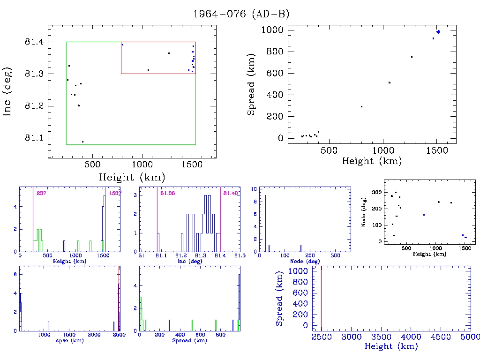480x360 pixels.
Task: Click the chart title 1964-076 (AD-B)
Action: (241, 14)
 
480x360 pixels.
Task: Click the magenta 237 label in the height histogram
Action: (41, 193)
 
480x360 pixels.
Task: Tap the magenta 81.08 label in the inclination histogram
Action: (168, 193)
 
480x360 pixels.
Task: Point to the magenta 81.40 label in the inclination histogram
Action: (231, 193)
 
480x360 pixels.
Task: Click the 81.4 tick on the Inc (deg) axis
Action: (34, 42)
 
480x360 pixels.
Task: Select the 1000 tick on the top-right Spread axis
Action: (272, 30)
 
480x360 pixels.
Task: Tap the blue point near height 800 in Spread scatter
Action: (361, 107)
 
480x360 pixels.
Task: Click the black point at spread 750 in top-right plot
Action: (412, 57)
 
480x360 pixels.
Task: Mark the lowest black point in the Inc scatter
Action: (82, 142)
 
